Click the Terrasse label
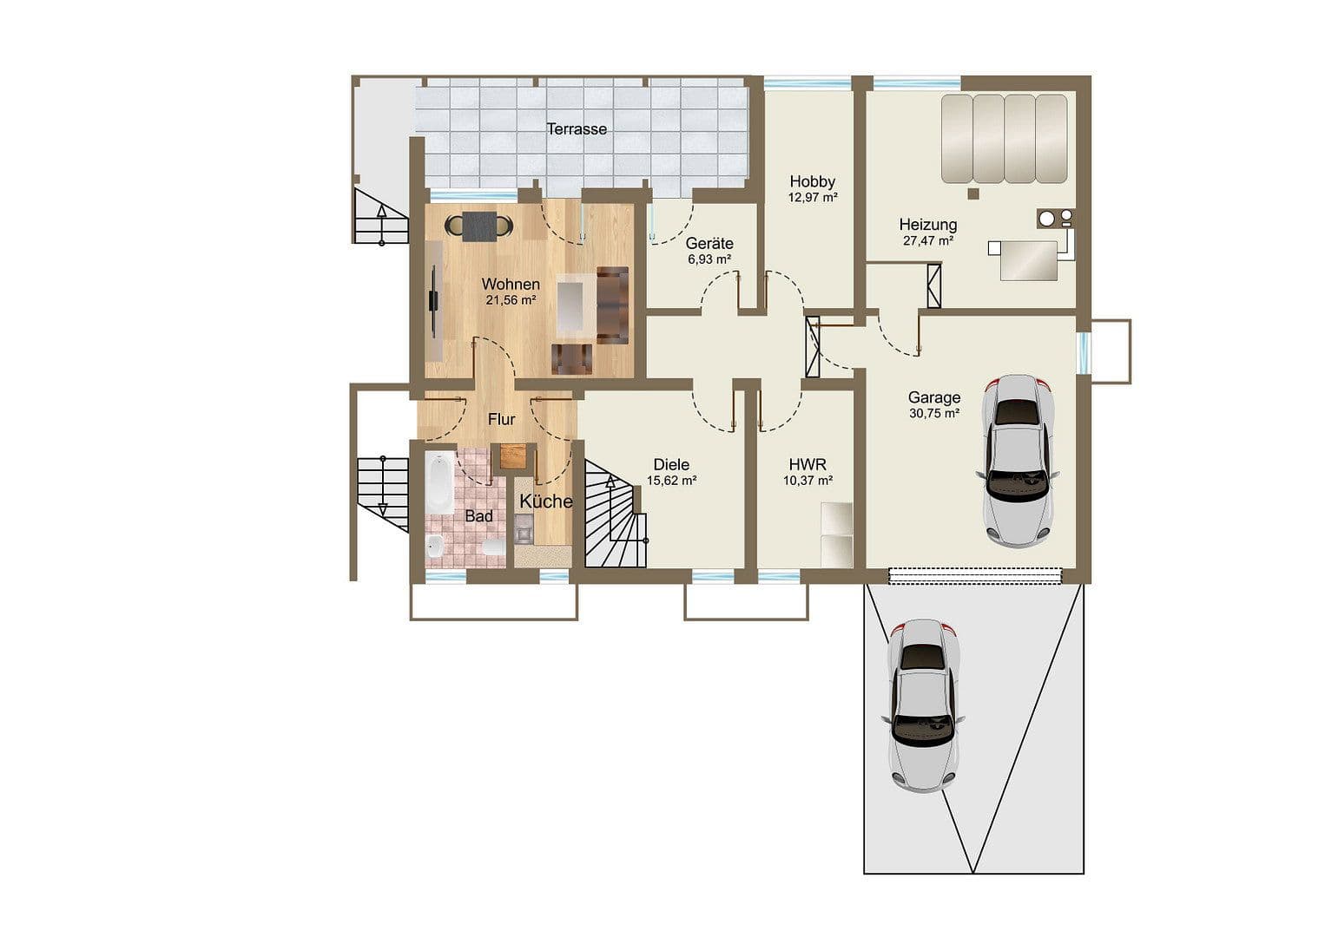(577, 129)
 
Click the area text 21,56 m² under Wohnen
(511, 300)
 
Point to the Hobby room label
(812, 181)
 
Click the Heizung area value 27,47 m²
(928, 240)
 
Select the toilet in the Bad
(493, 547)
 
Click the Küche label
(545, 501)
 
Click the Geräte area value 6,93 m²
(709, 259)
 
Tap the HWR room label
(808, 465)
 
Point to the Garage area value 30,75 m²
(934, 414)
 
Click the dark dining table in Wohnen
(479, 226)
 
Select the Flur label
(501, 420)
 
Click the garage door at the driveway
(975, 574)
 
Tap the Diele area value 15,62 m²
(672, 480)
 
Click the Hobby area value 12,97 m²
(812, 197)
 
